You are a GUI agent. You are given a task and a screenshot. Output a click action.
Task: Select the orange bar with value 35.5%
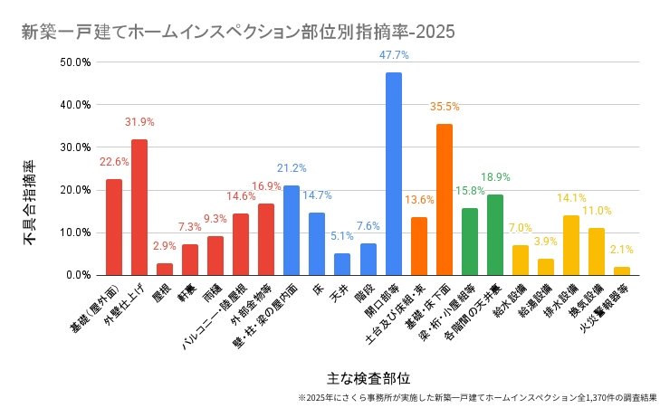[x=444, y=199]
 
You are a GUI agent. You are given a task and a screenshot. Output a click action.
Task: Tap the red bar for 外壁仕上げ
[x=139, y=207]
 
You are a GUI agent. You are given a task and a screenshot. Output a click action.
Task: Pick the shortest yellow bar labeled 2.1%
[x=622, y=270]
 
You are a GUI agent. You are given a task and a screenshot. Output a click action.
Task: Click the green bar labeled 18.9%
[x=494, y=234]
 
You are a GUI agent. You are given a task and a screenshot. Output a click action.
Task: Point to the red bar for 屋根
[x=165, y=269]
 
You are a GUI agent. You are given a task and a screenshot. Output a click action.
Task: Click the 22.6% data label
[x=114, y=162]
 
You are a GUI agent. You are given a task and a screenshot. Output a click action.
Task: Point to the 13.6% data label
[x=418, y=200]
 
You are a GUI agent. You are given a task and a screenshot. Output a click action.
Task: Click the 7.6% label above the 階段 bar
[x=368, y=225]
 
